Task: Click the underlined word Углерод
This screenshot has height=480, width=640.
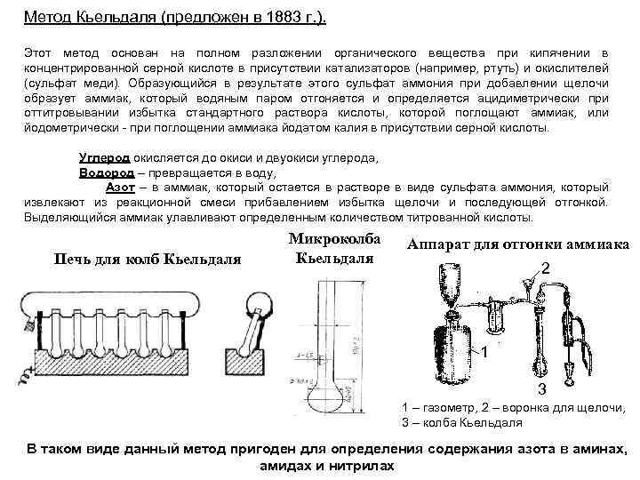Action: pos(106,157)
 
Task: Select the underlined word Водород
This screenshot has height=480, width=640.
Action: pos(105,172)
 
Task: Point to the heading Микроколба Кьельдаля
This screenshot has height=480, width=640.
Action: pos(333,249)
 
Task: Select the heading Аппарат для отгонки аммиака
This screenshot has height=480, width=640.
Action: pos(517,244)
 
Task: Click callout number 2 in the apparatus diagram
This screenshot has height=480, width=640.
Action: pos(545,268)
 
